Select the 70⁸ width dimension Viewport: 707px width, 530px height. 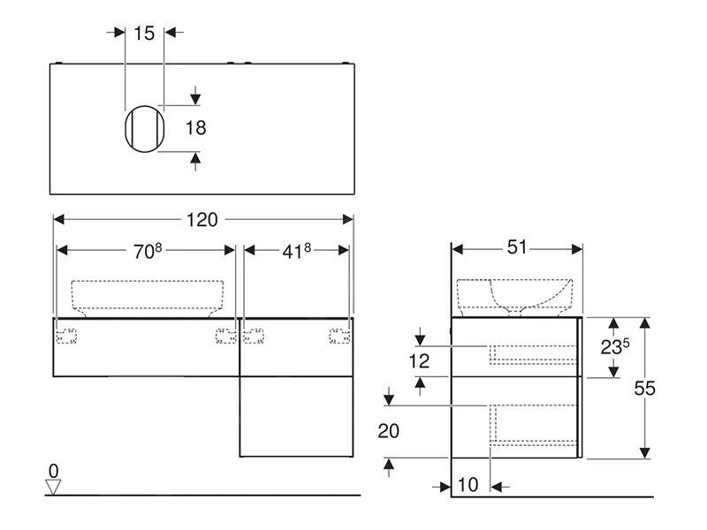coord(148,251)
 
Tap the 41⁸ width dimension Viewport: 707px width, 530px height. coord(296,251)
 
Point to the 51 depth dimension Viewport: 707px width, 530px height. coord(517,248)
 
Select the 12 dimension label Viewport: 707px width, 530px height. coord(419,360)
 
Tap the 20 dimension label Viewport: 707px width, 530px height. coord(388,431)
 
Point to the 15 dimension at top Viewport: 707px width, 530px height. coord(144,33)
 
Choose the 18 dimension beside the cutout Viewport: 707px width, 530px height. coord(195,128)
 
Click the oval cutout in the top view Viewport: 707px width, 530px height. coord(144,128)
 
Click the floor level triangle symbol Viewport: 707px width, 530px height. coord(54,486)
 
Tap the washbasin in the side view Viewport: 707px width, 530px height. coord(517,295)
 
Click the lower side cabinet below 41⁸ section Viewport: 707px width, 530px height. coord(295,416)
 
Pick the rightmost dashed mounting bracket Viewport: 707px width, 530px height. coord(339,334)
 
